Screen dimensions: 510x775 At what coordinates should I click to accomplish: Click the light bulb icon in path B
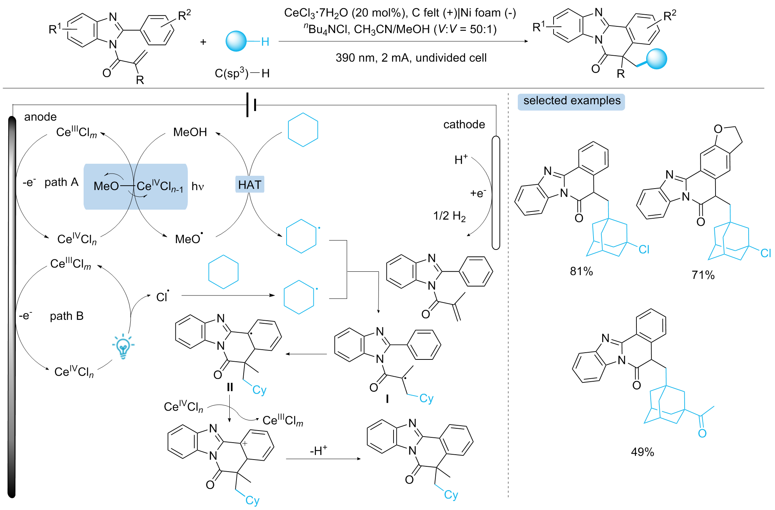coord(123,346)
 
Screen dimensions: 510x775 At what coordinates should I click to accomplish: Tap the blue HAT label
coord(250,185)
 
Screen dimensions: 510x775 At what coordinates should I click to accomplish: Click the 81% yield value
coord(581,271)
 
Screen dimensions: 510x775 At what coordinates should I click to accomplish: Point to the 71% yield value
coord(703,275)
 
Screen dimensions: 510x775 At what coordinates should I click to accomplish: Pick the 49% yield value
coord(642,452)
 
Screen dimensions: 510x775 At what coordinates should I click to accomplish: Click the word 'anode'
coord(40,117)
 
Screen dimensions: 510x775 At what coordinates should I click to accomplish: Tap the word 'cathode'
coord(464,125)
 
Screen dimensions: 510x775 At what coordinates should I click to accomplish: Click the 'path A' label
coord(61,183)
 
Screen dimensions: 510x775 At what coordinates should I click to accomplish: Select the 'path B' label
coord(67,316)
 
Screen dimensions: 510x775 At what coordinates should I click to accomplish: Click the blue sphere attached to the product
coord(656,59)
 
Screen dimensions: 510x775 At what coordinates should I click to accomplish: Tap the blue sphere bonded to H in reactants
coord(236,41)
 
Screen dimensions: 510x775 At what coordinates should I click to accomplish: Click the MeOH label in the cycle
coord(190,132)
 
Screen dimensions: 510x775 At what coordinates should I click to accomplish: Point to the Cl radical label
coord(163,297)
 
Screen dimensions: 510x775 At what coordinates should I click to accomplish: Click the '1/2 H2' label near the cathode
coord(449,216)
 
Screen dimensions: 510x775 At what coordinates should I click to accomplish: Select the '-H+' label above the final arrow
coord(319,450)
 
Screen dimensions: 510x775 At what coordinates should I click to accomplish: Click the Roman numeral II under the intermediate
coord(230,387)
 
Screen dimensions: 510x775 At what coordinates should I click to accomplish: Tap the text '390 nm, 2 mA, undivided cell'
coord(411,58)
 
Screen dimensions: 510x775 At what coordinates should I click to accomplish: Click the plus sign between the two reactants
coord(203,42)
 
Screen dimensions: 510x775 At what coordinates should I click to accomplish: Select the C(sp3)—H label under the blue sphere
coord(242,73)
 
